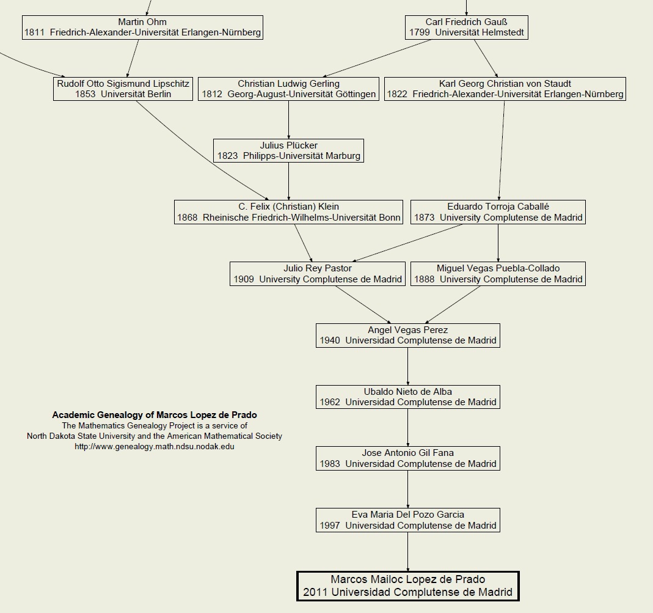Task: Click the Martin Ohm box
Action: (142, 28)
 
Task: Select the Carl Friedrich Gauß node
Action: (467, 28)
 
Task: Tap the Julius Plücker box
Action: (288, 150)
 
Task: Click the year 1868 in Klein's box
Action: (188, 218)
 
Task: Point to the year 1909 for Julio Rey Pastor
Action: (244, 279)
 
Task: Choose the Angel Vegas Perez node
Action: (407, 336)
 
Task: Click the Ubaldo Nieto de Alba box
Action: (407, 397)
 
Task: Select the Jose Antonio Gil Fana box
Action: (407, 458)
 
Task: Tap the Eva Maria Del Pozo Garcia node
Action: (407, 520)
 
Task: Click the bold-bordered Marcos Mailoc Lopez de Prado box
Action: (407, 586)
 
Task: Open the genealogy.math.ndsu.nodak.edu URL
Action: (155, 447)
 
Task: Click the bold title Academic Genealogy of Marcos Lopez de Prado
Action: (155, 415)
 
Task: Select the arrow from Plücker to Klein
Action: (288, 182)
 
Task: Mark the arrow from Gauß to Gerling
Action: (376, 58)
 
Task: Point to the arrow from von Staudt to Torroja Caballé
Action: (502, 150)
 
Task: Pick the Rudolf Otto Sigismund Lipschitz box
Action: (123, 89)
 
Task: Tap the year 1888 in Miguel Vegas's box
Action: (425, 279)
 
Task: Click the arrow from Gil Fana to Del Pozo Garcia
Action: (407, 489)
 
